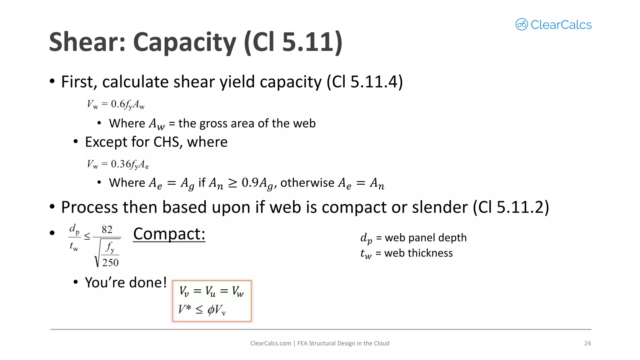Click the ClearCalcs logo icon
(522, 24)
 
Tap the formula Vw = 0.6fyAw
(116, 104)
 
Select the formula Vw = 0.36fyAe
(117, 164)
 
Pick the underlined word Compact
(169, 234)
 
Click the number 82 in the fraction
(107, 230)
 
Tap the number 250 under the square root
(110, 262)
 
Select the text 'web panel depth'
(426, 238)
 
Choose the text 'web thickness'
(418, 253)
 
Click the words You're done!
(126, 282)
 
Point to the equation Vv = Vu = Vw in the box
(211, 292)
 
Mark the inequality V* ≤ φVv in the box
(202, 310)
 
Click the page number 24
(587, 343)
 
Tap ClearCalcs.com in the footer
(270, 343)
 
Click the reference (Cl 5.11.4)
(365, 82)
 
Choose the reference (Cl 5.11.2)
(511, 207)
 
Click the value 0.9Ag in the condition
(257, 183)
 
